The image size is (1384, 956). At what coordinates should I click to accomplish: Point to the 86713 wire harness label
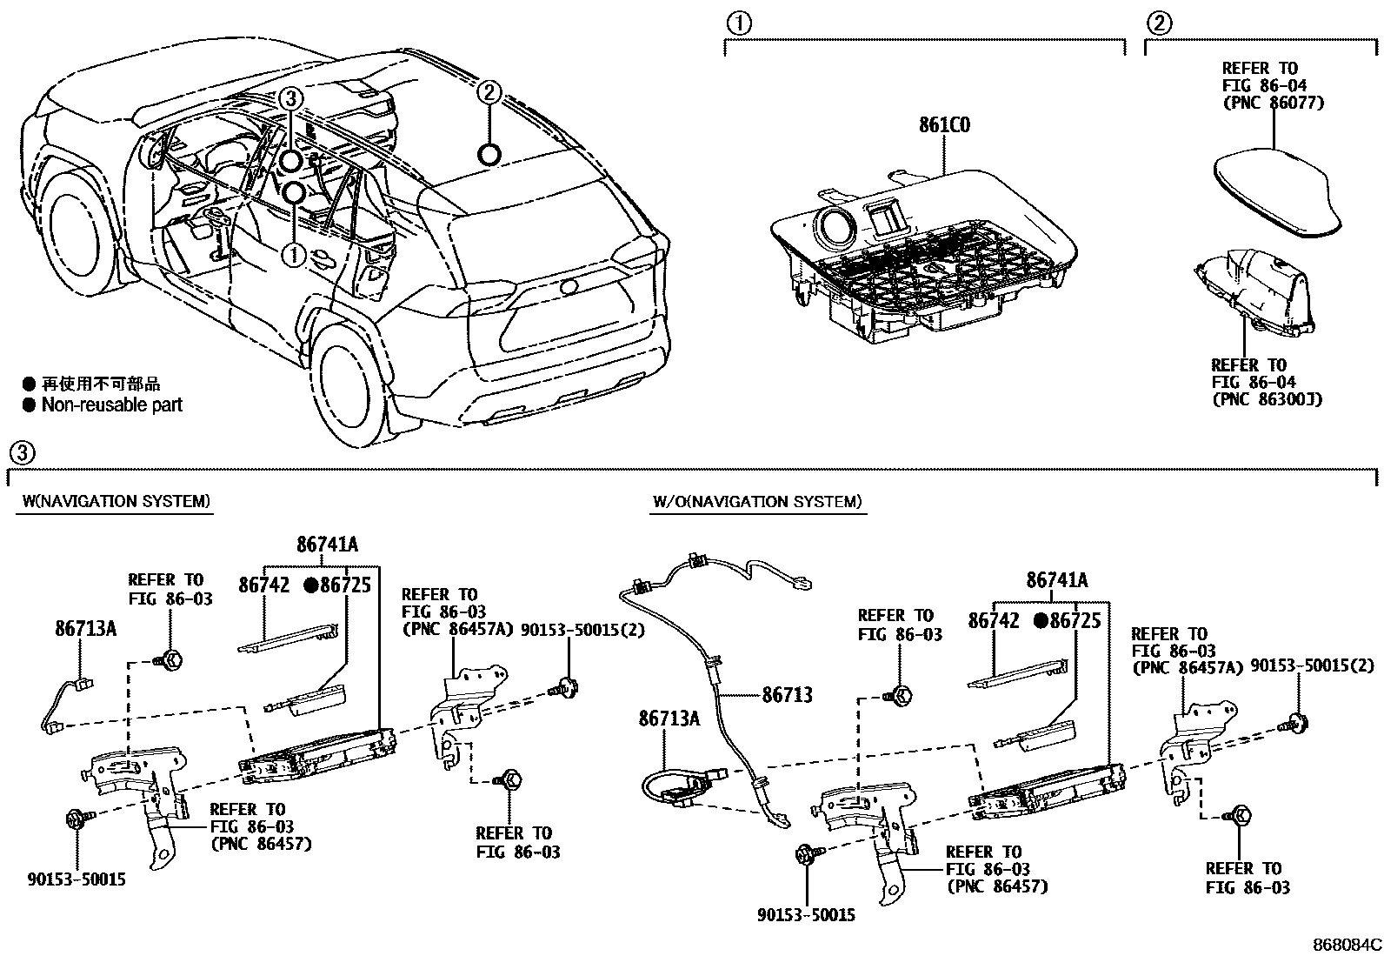tap(787, 694)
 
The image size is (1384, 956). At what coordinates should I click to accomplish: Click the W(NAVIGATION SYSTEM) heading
tap(115, 501)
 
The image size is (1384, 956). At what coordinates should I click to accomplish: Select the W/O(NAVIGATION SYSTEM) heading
tap(757, 501)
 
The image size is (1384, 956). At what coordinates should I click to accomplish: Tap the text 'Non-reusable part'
tap(112, 404)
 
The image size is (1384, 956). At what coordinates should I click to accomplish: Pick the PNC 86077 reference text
tap(1273, 102)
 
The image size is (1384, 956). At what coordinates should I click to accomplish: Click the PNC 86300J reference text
tap(1267, 399)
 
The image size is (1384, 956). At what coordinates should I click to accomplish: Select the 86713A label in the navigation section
tap(85, 628)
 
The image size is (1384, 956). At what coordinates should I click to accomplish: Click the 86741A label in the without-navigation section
tap(1056, 580)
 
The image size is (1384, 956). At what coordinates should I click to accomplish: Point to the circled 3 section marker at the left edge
tap(23, 452)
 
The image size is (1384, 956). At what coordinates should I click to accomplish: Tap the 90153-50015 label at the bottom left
tap(76, 879)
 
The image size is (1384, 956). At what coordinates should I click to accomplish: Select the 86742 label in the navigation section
tap(263, 585)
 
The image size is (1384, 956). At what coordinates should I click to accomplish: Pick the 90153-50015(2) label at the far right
tap(1313, 665)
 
